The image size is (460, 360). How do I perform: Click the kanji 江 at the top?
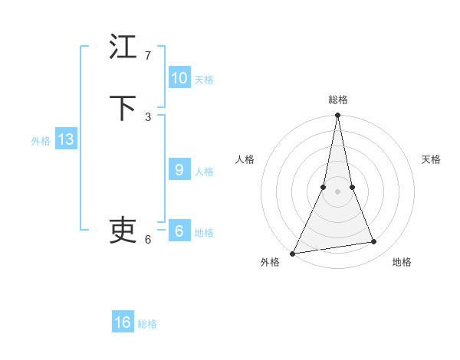tap(123, 47)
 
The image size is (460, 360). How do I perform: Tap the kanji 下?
tap(123, 108)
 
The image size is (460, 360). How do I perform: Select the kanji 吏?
tap(123, 231)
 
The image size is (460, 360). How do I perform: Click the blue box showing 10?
tap(179, 78)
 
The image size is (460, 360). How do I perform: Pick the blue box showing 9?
tap(179, 170)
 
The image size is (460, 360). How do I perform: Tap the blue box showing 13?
tap(65, 139)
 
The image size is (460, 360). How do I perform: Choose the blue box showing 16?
tap(123, 322)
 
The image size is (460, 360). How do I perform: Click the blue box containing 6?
tap(179, 231)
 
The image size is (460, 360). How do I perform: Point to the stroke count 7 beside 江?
tap(148, 56)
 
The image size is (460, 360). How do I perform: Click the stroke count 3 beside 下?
tap(148, 117)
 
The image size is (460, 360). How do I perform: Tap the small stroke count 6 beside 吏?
tap(148, 240)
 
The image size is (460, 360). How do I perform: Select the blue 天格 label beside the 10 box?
tap(204, 80)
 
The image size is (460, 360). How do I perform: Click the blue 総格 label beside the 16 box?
tap(147, 324)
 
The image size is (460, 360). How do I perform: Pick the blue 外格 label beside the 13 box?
tap(41, 141)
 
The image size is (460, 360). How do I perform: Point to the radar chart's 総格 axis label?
tap(337, 100)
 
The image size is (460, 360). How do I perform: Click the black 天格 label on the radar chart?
tap(431, 159)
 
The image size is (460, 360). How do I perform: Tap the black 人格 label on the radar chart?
tap(245, 159)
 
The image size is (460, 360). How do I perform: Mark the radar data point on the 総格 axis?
tap(337, 116)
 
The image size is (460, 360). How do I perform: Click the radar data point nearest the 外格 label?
tap(292, 254)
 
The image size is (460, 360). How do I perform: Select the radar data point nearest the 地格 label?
tap(374, 242)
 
